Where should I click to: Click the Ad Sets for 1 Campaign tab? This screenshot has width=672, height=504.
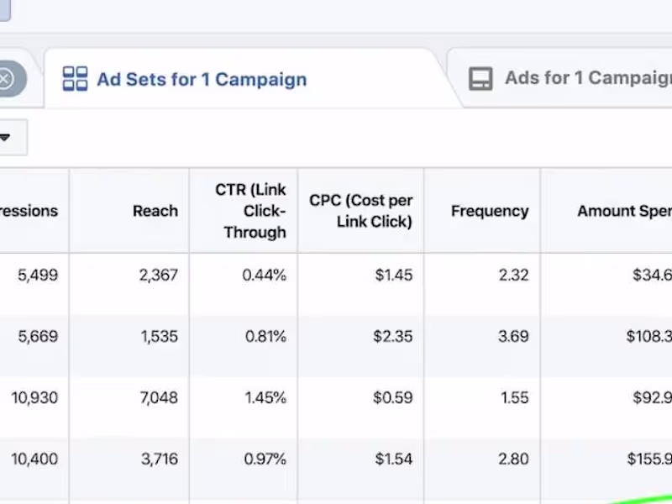click(202, 80)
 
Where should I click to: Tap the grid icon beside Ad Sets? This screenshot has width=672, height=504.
click(75, 79)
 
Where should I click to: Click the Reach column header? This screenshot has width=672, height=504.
click(155, 211)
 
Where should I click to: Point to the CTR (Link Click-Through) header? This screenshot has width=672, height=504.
click(251, 211)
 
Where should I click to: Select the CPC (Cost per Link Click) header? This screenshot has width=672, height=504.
click(361, 211)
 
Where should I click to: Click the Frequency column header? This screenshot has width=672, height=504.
click(490, 211)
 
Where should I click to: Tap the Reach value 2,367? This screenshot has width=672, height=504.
click(159, 275)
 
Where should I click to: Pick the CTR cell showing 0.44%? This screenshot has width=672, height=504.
click(265, 275)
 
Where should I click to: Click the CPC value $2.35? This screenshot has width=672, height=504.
click(392, 337)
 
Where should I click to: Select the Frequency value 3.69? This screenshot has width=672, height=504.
click(513, 337)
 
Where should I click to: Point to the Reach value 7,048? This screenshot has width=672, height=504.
click(159, 398)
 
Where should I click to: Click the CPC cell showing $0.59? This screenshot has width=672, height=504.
click(392, 398)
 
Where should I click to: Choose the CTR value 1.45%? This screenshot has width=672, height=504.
click(265, 398)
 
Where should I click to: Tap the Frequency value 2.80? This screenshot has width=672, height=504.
click(513, 459)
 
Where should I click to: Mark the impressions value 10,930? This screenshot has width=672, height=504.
click(34, 398)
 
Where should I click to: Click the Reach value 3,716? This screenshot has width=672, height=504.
click(159, 459)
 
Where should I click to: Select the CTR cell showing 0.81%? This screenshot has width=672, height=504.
click(265, 337)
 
